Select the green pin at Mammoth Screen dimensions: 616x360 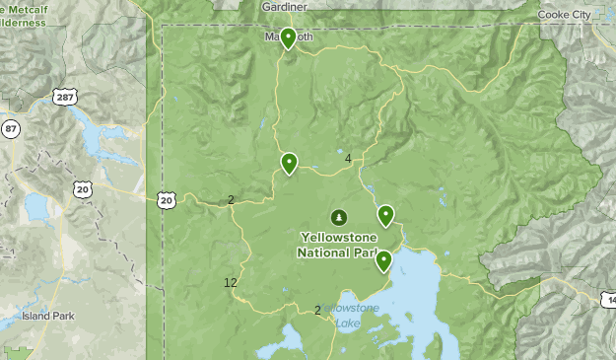coord(288,37)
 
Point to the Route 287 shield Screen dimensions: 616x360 coord(66,97)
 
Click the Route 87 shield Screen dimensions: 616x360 coord(11,128)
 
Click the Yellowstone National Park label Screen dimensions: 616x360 coord(337,245)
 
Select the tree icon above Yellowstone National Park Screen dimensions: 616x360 coord(338,216)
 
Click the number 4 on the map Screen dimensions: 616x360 coord(348,159)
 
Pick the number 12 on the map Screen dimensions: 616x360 coord(231,283)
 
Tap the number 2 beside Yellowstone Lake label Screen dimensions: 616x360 coord(317,310)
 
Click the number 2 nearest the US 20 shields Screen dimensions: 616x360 coord(232,200)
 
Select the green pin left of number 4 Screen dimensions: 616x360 coord(289,163)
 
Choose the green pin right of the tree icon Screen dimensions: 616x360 coord(385,215)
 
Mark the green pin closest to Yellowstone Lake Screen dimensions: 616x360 coord(383,260)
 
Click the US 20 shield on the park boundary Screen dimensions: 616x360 coord(166,200)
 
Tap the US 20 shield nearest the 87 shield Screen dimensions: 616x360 coord(83,188)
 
